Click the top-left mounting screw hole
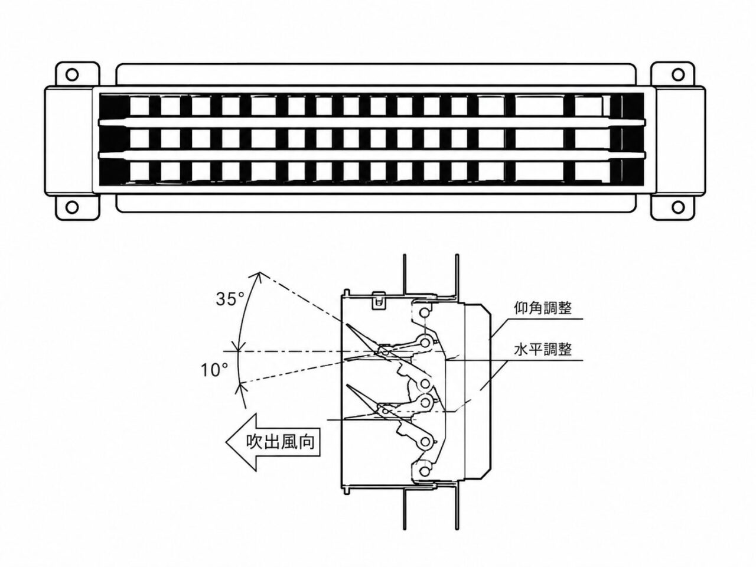pos(72,74)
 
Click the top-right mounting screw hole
pos(678,74)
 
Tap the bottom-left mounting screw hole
pos(72,207)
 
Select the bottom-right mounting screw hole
pos(678,207)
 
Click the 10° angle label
pos(214,370)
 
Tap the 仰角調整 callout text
pos(543,308)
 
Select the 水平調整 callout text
pos(543,350)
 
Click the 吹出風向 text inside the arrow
pos(281,442)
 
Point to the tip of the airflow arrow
pos(226,442)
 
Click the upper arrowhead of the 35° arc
pos(259,275)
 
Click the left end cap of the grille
pos(69,141)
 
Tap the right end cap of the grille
pos(680,141)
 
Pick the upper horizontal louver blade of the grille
pos(372,123)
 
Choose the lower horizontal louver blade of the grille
pos(372,155)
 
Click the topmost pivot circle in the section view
pos(425,313)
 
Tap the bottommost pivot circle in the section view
pos(425,471)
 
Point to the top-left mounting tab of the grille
pos(77,74)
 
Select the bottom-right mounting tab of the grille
pos(673,207)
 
